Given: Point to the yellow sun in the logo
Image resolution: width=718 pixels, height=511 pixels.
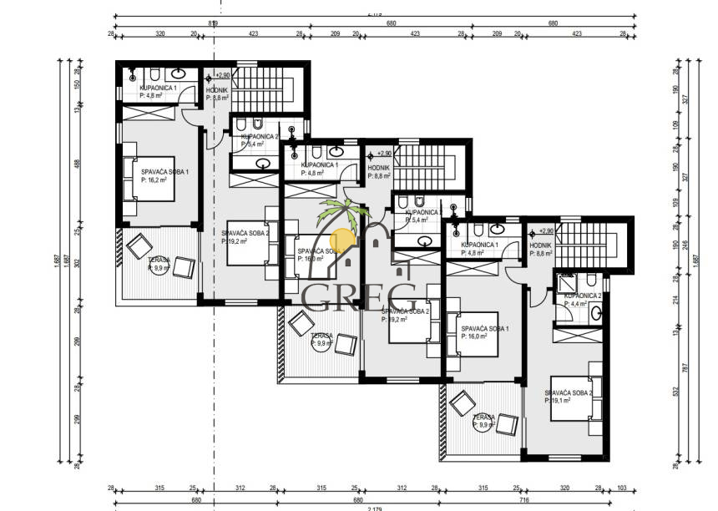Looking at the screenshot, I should [343, 237].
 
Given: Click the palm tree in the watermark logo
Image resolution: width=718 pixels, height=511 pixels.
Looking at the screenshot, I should [344, 213].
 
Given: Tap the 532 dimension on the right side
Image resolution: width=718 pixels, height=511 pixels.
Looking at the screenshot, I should [674, 398].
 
